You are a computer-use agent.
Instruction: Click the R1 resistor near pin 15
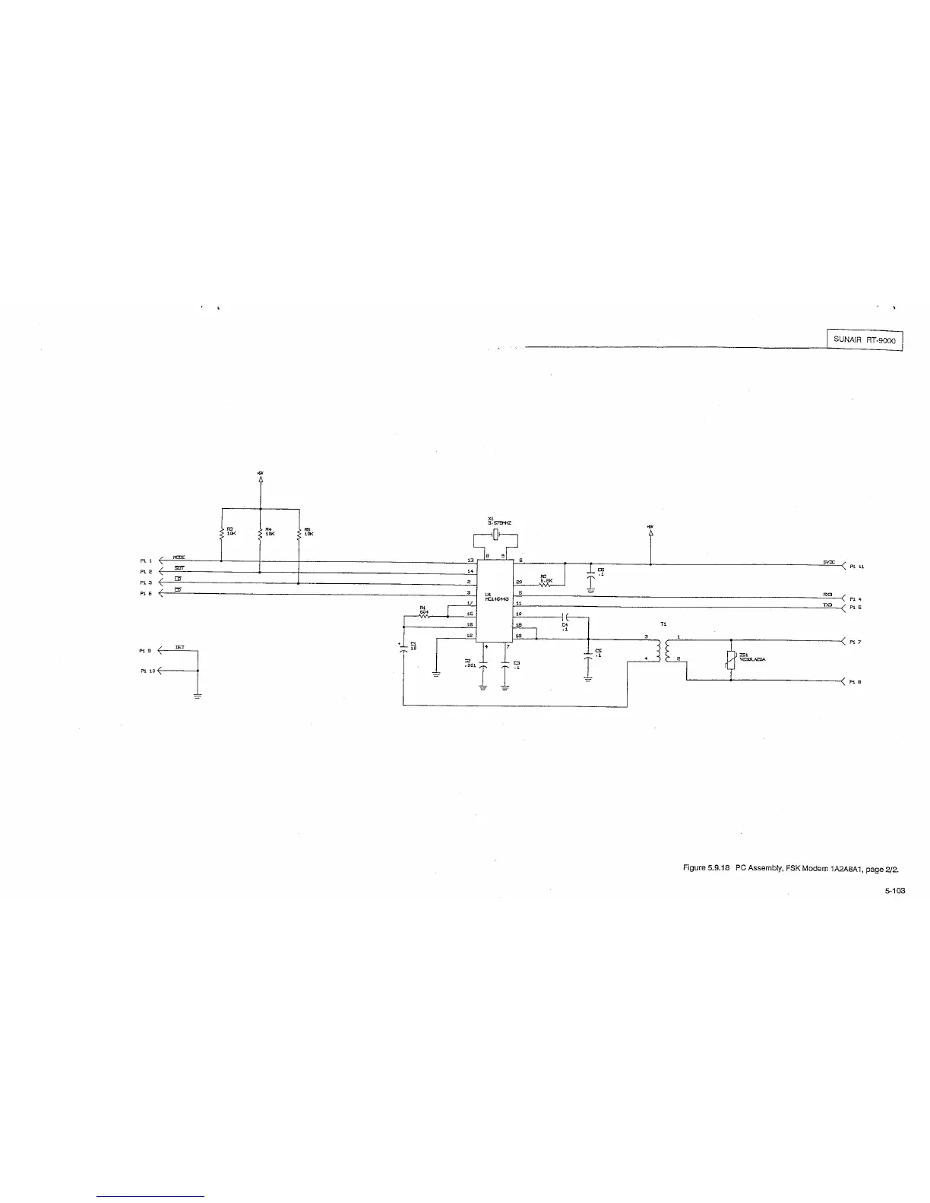coord(424,616)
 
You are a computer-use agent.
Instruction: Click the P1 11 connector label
coord(856,566)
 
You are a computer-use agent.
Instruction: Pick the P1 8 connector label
coord(856,682)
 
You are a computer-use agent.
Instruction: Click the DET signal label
coord(180,647)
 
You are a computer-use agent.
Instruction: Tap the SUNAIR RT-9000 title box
coord(865,341)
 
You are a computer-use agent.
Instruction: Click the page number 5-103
coord(894,892)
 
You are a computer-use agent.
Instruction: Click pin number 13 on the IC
coord(470,560)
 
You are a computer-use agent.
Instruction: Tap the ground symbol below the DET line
coord(197,696)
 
